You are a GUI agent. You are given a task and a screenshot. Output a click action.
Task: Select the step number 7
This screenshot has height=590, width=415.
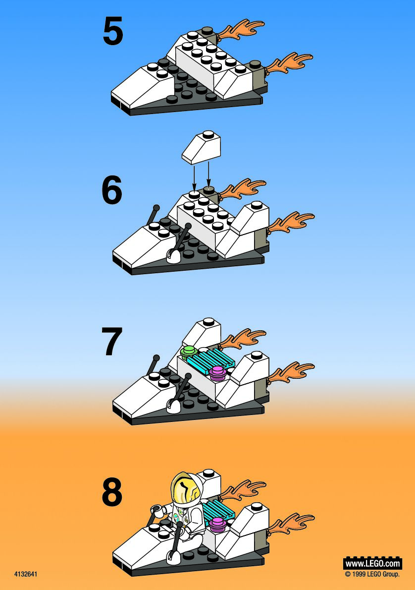[112, 341]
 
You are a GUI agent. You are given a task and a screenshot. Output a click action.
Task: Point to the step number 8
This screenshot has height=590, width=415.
[112, 492]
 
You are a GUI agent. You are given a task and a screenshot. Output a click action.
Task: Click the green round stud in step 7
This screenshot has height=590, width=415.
[189, 352]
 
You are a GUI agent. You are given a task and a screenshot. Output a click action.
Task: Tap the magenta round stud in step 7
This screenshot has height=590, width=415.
[217, 372]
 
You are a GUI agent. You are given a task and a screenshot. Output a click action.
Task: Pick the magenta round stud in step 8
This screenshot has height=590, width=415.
[217, 524]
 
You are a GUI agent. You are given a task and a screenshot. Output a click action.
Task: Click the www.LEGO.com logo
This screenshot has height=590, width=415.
[372, 563]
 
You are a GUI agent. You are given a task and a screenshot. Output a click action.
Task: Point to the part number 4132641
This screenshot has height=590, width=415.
[26, 574]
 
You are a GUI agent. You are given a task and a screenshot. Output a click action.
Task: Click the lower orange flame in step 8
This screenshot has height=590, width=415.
[291, 523]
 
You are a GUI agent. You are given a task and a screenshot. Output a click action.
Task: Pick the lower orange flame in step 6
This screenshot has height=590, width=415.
[291, 222]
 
